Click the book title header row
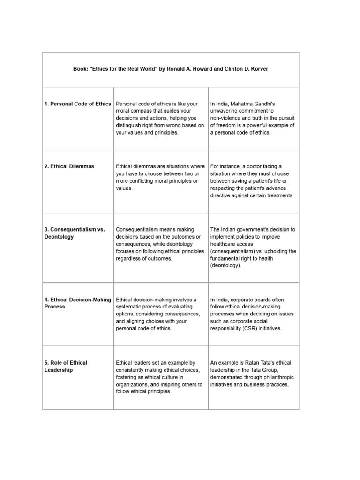(x=171, y=69)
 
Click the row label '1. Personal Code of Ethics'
(x=78, y=104)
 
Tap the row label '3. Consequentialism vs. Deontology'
(x=75, y=233)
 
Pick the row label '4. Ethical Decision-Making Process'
(x=78, y=303)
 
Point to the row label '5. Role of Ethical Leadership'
(x=66, y=366)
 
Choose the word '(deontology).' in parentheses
(x=226, y=265)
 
